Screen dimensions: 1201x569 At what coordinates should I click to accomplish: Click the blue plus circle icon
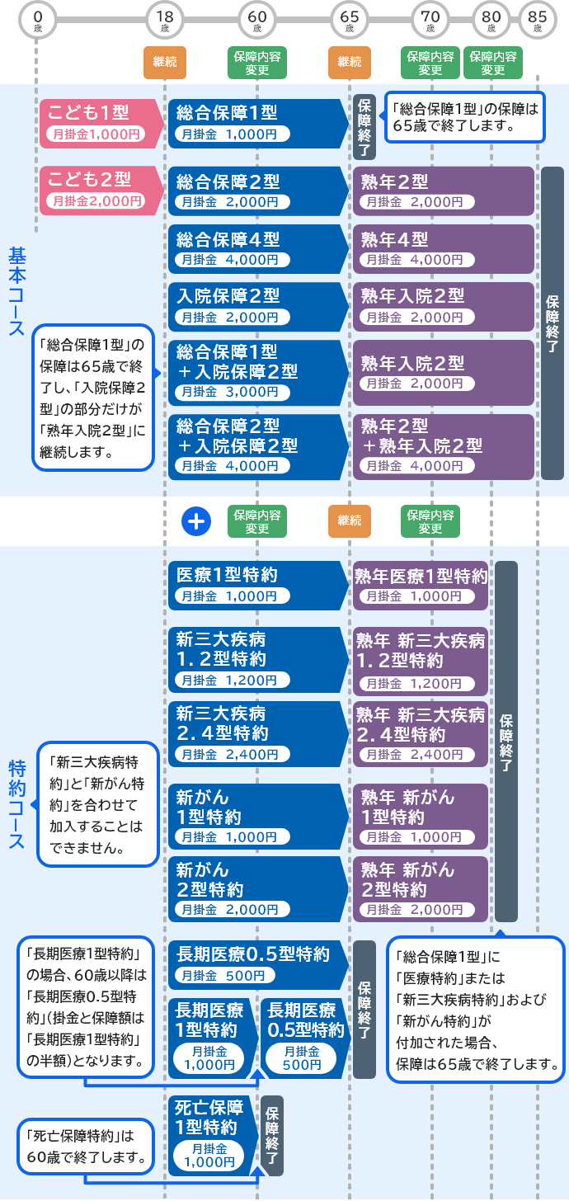(196, 521)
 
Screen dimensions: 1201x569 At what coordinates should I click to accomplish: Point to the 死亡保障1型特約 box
(211, 1134)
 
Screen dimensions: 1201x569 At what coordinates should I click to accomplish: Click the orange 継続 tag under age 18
(165, 62)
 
